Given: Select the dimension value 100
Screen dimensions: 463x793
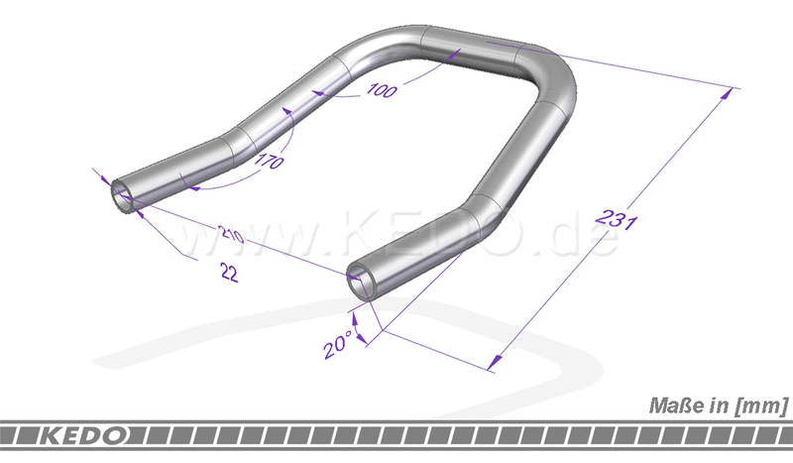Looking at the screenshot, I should pos(381,90).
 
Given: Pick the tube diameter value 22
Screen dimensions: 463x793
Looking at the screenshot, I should pos(229,275).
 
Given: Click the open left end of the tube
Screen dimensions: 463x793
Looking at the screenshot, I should pos(124,194).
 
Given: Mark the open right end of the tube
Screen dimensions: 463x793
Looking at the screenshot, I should pos(362,282).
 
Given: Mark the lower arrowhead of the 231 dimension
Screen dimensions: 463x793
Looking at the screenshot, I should pos(493,366).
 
